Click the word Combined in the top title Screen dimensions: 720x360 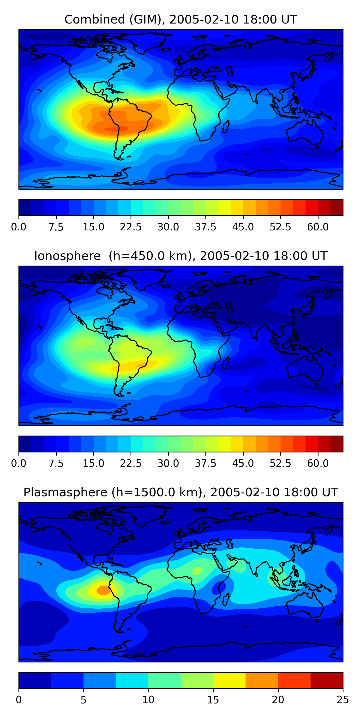[x=95, y=20]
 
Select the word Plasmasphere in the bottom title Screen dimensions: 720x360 [x=65, y=492]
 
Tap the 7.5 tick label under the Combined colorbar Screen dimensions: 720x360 [x=56, y=227]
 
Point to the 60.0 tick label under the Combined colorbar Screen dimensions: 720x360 [x=318, y=227]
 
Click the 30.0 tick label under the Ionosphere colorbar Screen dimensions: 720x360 [x=168, y=463]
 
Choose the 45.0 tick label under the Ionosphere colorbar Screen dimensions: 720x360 [x=243, y=463]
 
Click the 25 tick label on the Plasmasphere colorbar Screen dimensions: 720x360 [x=343, y=700]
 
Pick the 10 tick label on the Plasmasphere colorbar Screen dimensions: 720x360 [x=148, y=700]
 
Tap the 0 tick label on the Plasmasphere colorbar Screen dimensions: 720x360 [x=19, y=700]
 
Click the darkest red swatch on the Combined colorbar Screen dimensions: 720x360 [x=336, y=208]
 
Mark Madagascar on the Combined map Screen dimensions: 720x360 [x=226, y=126]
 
